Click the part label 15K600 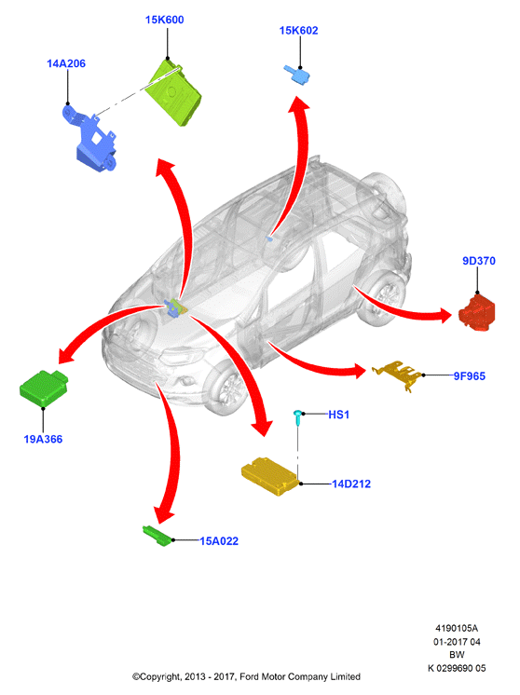pyautogui.click(x=164, y=20)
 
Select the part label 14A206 pyautogui.click(x=66, y=64)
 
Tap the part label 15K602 pyautogui.click(x=298, y=31)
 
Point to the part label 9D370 pyautogui.click(x=479, y=261)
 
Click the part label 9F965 pyautogui.click(x=469, y=376)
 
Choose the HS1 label pyautogui.click(x=338, y=415)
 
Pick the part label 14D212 pyautogui.click(x=351, y=484)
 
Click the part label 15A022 pyautogui.click(x=219, y=541)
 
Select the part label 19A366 pyautogui.click(x=43, y=439)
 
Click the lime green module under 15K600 pyautogui.click(x=174, y=93)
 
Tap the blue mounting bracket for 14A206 pyautogui.click(x=90, y=138)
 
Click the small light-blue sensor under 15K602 pyautogui.click(x=297, y=75)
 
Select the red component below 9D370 pyautogui.click(x=477, y=312)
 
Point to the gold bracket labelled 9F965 pyautogui.click(x=397, y=374)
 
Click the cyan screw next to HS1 pyautogui.click(x=298, y=418)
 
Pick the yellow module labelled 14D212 pyautogui.click(x=269, y=476)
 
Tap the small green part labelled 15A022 pyautogui.click(x=157, y=536)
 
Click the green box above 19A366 pyautogui.click(x=44, y=388)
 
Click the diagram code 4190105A pyautogui.click(x=457, y=629)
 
